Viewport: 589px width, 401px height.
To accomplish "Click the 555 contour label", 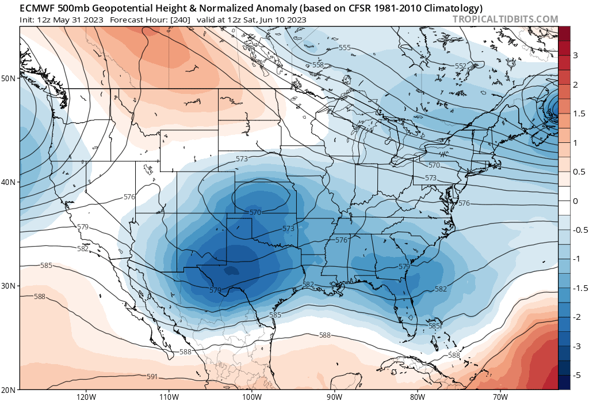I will click(x=345, y=47).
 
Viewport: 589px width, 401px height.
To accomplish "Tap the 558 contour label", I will click(x=318, y=65).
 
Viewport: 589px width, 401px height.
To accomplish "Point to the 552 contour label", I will click(x=461, y=66).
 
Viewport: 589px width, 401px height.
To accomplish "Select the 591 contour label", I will click(x=152, y=377).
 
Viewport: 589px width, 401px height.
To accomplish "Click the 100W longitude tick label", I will click(x=251, y=396).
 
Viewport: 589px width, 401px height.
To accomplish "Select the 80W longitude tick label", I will click(x=417, y=396).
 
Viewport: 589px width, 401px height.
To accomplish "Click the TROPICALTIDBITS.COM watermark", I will click(x=505, y=19).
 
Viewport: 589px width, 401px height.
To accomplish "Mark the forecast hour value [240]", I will click(x=179, y=20).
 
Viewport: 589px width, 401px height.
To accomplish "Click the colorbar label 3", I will click(x=575, y=55).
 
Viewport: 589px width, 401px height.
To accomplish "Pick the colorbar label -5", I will click(x=576, y=375).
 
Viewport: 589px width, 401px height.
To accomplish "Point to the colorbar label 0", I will click(x=575, y=200).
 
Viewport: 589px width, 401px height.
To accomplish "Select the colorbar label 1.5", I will click(x=578, y=113).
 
